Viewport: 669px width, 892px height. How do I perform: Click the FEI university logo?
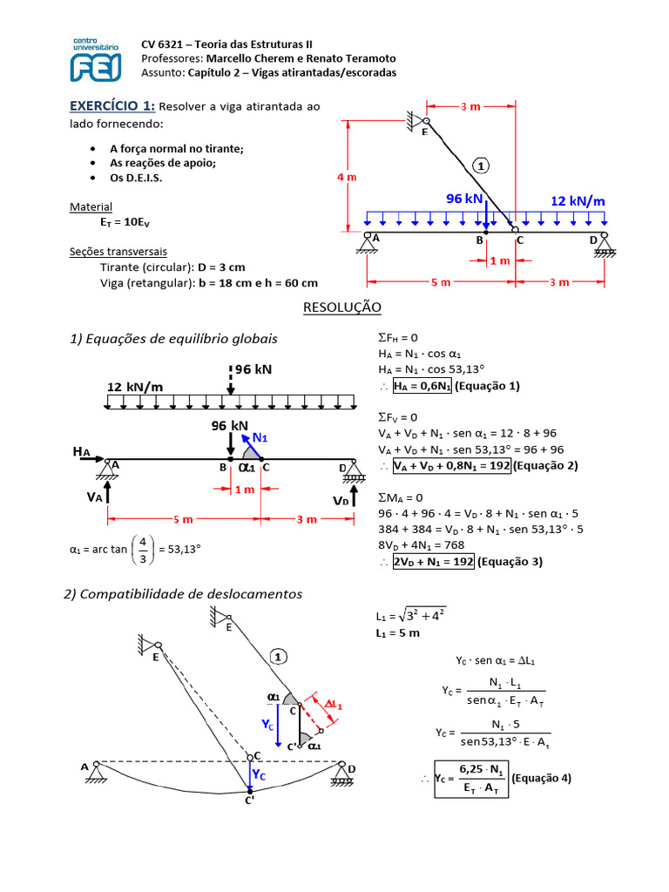click(x=96, y=60)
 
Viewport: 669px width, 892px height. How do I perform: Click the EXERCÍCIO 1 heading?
click(x=112, y=105)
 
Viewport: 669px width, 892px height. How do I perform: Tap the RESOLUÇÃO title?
click(x=341, y=307)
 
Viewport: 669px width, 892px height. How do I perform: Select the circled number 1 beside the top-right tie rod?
click(x=481, y=166)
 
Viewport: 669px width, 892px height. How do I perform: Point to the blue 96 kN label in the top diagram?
click(x=464, y=199)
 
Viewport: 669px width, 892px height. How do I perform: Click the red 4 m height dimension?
click(x=347, y=177)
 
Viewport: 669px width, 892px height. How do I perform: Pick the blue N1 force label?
click(x=260, y=437)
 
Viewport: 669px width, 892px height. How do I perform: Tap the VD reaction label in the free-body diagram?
click(x=341, y=501)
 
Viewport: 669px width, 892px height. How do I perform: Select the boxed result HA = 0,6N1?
click(x=422, y=386)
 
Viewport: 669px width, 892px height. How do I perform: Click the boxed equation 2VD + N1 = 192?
click(x=434, y=562)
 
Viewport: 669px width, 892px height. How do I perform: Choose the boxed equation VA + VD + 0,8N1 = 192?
click(x=452, y=466)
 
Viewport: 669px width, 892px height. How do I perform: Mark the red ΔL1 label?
click(x=334, y=704)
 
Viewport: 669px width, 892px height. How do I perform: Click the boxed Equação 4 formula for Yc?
click(x=471, y=779)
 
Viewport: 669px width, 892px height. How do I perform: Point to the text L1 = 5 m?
click(x=397, y=633)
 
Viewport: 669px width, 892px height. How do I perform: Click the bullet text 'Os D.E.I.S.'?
click(x=136, y=178)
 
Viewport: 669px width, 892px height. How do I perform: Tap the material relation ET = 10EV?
click(x=125, y=222)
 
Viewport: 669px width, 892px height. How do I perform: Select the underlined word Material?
click(x=91, y=207)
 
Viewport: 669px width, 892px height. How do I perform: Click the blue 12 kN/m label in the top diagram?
click(x=578, y=201)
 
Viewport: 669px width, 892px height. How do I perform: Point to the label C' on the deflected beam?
click(x=250, y=801)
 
